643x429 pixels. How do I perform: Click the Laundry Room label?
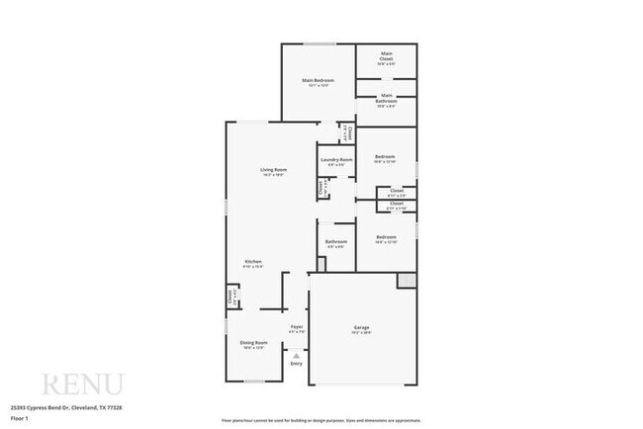click(x=335, y=159)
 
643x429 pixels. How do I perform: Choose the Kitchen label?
click(x=253, y=261)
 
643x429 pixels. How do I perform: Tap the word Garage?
click(x=362, y=327)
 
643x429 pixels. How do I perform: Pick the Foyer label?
click(x=296, y=326)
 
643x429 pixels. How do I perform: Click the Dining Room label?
click(x=254, y=342)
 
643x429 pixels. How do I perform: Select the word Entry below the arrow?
click(x=296, y=364)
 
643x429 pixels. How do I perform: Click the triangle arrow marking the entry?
click(x=296, y=353)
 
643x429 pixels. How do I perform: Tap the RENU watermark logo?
click(x=81, y=385)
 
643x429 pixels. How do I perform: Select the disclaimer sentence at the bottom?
click(x=321, y=420)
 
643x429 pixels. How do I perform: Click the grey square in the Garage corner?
click(x=407, y=281)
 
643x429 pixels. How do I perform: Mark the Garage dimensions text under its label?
click(x=362, y=333)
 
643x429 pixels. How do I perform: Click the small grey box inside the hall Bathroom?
click(x=321, y=264)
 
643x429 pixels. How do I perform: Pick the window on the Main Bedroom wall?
click(x=318, y=43)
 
